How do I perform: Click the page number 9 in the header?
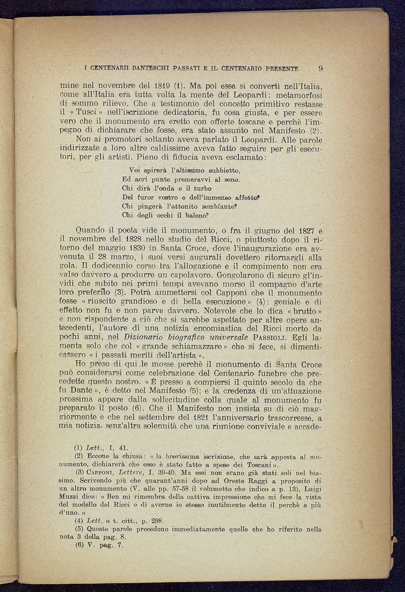click(320, 69)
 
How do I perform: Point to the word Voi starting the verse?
click(134, 170)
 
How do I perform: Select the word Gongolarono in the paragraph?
click(242, 275)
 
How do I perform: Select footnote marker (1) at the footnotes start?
click(79, 448)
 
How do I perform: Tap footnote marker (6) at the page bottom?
click(79, 545)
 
